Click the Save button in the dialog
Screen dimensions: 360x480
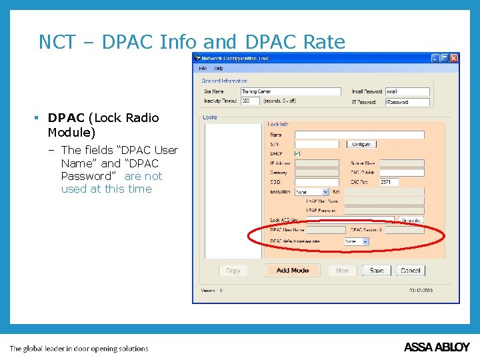[377, 271]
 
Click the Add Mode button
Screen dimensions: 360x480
[293, 271]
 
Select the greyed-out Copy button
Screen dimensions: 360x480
[233, 271]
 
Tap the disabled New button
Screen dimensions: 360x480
[342, 271]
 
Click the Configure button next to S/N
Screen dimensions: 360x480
[361, 144]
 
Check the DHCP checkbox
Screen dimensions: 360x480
[298, 153]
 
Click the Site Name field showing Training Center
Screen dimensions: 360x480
[290, 91]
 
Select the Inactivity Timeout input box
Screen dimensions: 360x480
[250, 101]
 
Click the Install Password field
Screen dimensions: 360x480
[407, 91]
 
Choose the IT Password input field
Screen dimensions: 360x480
[407, 102]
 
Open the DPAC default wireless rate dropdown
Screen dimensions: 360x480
[356, 241]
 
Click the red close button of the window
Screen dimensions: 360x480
[454, 58]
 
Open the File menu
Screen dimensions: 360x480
[203, 68]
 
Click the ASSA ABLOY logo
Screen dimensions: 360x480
[437, 347]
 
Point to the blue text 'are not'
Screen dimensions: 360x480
[143, 176]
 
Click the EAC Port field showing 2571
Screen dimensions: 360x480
[389, 182]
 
